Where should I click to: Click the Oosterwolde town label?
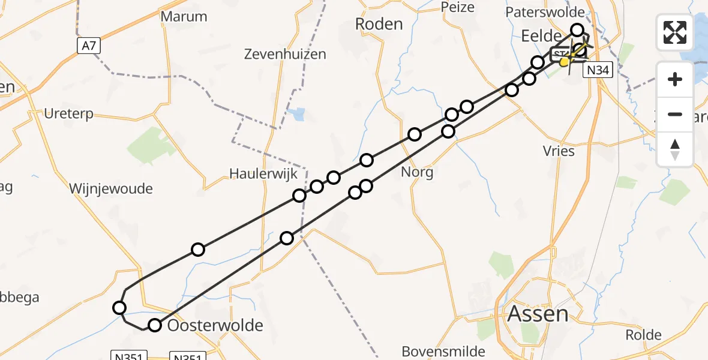(215, 326)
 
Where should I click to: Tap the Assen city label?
(538, 314)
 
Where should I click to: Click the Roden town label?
(379, 24)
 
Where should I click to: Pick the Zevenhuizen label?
(285, 54)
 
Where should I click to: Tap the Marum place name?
(184, 17)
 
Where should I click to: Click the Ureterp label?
(69, 113)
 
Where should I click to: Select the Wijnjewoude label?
(111, 189)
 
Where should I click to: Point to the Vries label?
(558, 151)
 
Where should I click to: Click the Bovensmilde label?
(443, 350)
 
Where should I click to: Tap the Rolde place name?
(643, 335)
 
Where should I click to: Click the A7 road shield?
(88, 45)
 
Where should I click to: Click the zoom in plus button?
(675, 79)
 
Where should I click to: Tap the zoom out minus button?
(675, 114)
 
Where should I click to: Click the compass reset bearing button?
(675, 149)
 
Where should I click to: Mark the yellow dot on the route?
(564, 61)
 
